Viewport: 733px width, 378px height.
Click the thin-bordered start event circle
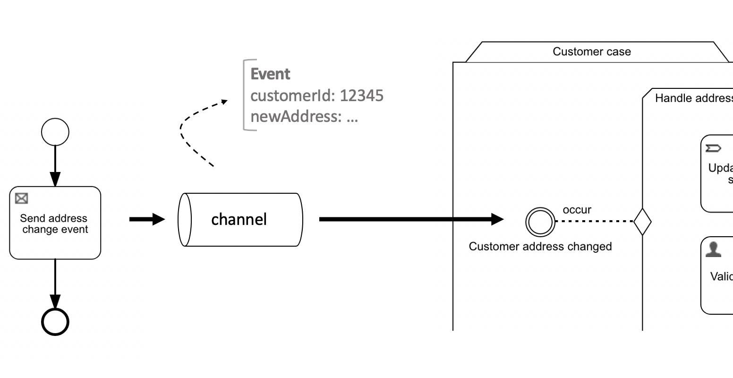55,132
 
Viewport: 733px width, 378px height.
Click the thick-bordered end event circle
55,322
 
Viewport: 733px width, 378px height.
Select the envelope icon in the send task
21,198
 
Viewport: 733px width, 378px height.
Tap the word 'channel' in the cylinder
239,219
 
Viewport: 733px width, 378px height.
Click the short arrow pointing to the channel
147,219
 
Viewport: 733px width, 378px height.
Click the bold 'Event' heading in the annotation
270,74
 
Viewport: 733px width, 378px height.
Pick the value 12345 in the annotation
362,95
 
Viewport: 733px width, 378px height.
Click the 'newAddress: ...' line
304,116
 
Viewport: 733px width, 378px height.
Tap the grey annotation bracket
245,94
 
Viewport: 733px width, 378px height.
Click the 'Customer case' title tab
592,52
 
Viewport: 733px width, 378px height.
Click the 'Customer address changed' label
540,246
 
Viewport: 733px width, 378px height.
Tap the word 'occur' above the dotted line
577,210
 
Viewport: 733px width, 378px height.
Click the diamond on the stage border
642,221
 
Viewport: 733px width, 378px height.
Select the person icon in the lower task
713,249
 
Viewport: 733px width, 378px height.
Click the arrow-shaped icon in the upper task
713,149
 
